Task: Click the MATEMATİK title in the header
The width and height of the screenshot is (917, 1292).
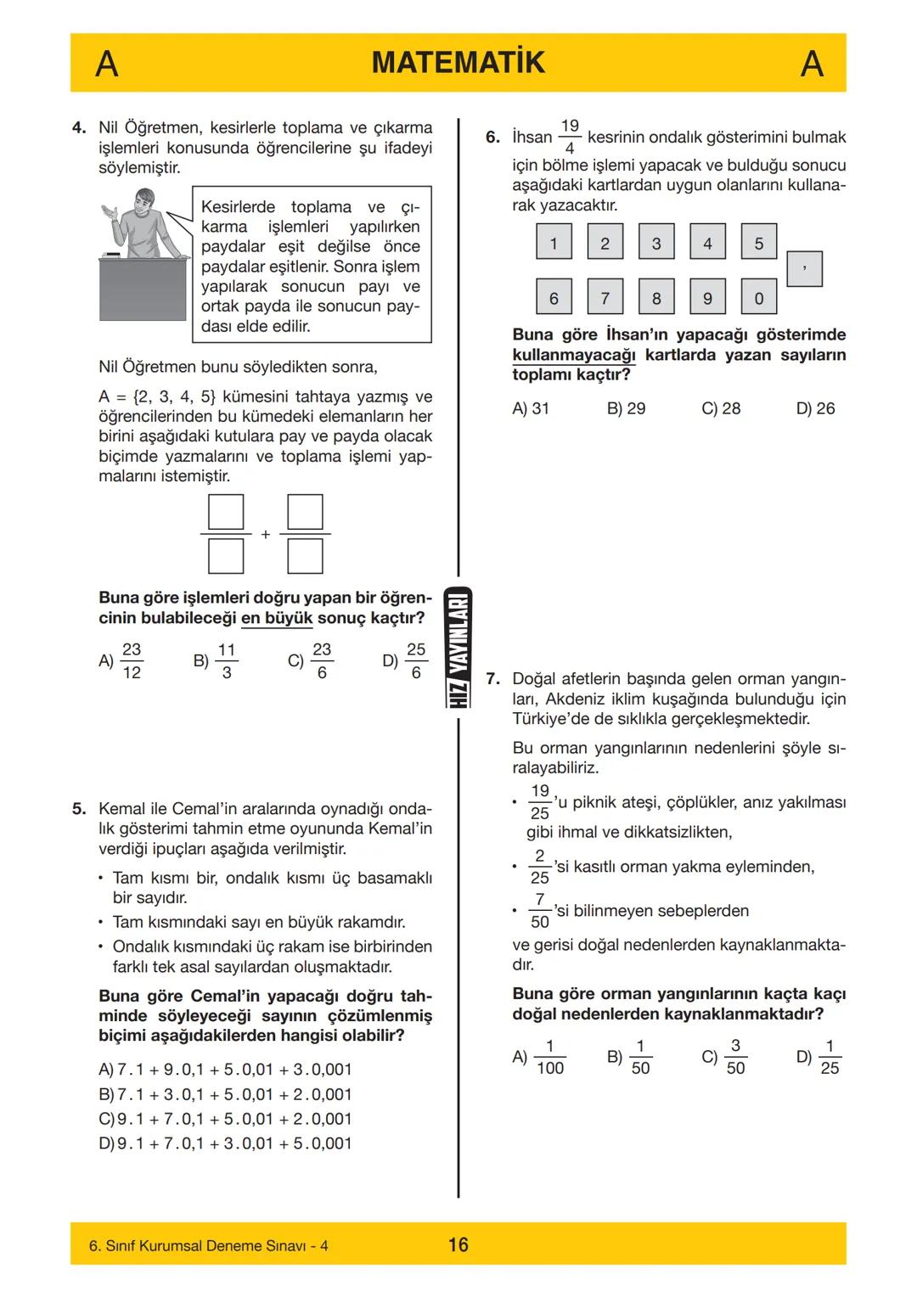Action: point(458,63)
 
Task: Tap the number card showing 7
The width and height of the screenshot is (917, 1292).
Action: point(605,297)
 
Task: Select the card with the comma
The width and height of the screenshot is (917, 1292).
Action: point(804,269)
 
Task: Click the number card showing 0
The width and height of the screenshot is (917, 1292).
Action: point(758,297)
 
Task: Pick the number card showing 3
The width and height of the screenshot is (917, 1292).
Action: point(655,243)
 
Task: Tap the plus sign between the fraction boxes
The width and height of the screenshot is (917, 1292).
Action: point(266,535)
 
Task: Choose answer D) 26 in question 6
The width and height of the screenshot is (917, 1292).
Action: point(815,408)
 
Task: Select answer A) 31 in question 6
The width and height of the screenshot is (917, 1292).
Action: point(531,408)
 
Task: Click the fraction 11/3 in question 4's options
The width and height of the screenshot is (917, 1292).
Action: point(226,660)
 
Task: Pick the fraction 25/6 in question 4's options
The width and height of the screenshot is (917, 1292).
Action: point(415,660)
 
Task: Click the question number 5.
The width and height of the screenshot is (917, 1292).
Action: point(79,809)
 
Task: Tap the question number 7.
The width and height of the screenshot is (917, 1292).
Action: point(492,679)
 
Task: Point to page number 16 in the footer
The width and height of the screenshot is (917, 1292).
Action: point(458,1244)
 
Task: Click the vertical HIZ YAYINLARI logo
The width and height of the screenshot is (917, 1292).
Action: point(458,648)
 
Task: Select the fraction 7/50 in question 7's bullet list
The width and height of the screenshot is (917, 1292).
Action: point(540,911)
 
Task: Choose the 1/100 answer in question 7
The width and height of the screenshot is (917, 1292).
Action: point(549,1057)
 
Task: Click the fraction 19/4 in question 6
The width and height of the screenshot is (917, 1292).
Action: point(570,137)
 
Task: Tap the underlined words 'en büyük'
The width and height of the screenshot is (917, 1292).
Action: point(277,618)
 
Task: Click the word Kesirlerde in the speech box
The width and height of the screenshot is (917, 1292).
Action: point(239,207)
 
